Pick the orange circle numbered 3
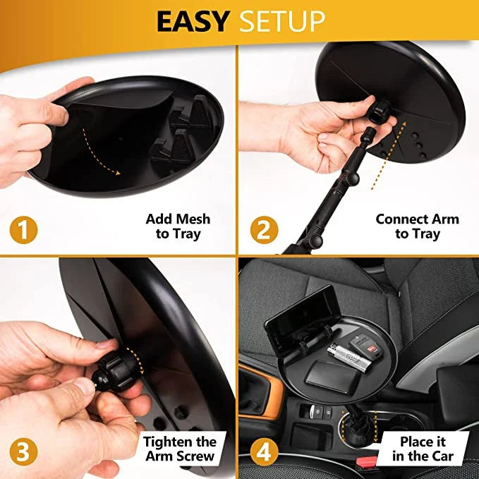click(x=23, y=452)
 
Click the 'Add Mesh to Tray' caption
click(x=178, y=226)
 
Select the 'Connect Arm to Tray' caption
click(x=417, y=226)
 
